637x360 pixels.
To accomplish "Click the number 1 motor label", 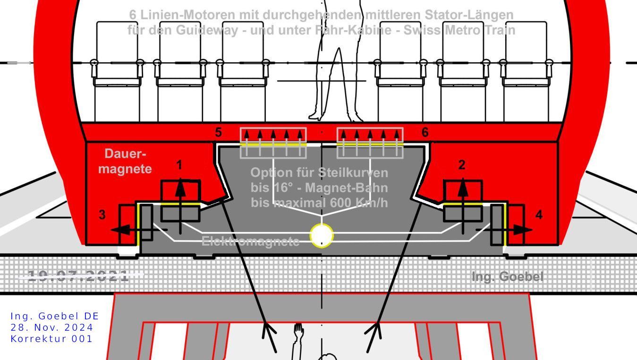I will (x=179, y=165).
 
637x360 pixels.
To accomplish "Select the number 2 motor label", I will (x=462, y=165).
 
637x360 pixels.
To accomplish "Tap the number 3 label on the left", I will (x=102, y=215).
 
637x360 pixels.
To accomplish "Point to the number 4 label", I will (x=539, y=215).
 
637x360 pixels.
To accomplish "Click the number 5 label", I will (x=218, y=133).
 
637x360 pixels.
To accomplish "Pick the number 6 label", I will (x=425, y=133).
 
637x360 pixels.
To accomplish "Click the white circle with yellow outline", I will (x=322, y=235).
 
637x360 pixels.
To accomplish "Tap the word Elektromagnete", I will (x=250, y=241).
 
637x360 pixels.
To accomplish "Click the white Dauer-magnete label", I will (x=125, y=161).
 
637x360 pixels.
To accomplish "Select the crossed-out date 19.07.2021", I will (x=78, y=276).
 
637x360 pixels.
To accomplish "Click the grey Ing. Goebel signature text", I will (x=507, y=277).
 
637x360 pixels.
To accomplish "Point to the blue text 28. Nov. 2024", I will (x=52, y=327).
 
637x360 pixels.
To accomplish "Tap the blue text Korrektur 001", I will (x=52, y=339).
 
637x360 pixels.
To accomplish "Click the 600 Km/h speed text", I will (x=357, y=203).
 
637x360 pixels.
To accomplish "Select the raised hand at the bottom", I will (x=298, y=329).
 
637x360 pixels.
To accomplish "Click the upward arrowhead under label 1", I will (x=180, y=186).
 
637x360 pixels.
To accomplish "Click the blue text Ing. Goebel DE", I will (x=55, y=316).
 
